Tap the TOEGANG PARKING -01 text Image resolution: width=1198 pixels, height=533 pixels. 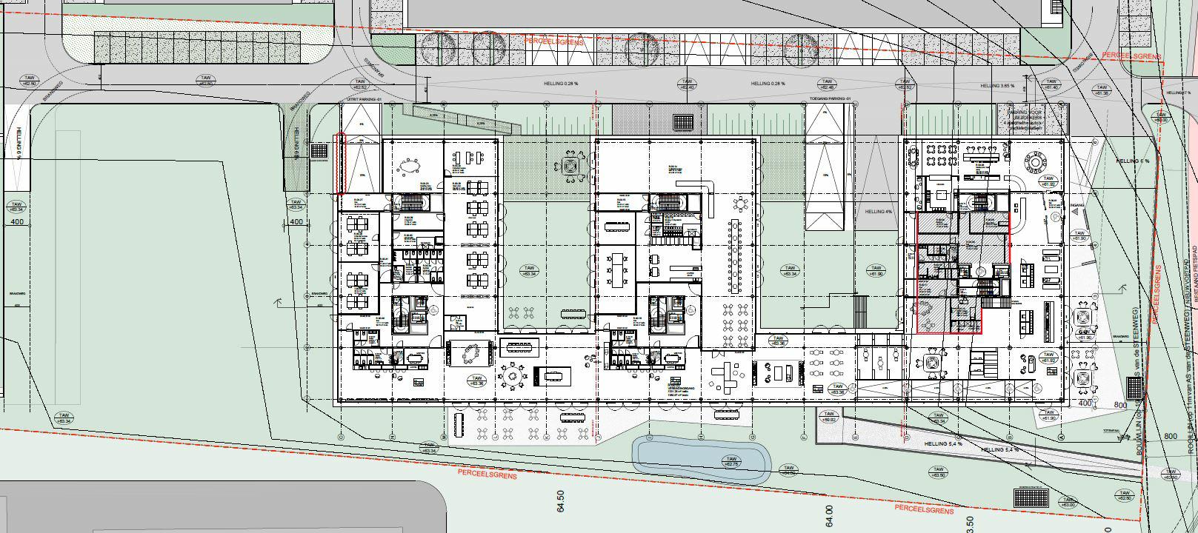point(828,98)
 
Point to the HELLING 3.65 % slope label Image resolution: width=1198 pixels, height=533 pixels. point(997,86)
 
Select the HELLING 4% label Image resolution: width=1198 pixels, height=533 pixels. point(879,212)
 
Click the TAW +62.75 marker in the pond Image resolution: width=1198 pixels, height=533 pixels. point(731,461)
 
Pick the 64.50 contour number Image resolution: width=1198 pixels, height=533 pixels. point(561,501)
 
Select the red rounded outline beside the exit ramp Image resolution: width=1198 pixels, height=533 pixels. point(341,163)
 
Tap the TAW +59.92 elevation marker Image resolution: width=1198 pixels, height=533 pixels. point(828,417)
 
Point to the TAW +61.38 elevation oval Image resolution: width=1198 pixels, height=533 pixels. point(1102,90)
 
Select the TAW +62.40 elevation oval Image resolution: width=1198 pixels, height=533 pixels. point(688,84)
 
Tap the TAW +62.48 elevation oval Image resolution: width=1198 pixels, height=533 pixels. point(825,84)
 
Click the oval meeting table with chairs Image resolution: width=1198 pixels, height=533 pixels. point(410,169)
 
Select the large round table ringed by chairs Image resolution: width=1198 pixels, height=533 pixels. point(511,376)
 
